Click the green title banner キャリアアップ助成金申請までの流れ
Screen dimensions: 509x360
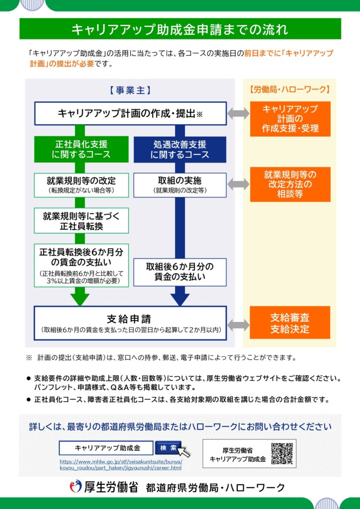click(180, 29)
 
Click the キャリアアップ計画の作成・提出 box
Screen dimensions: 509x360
click(130, 113)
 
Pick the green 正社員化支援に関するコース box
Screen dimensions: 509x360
click(81, 149)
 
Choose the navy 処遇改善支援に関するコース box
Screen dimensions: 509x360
click(180, 149)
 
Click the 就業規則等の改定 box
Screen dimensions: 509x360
click(81, 184)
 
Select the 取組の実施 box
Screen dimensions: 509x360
click(180, 184)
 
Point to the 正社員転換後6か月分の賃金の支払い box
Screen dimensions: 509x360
click(81, 265)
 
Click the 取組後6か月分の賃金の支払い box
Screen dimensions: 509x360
click(180, 271)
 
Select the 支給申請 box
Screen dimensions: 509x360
click(130, 322)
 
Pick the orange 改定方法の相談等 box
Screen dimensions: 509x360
click(290, 184)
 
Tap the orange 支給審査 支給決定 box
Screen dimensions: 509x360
click(290, 323)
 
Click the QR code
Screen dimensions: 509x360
click(281, 453)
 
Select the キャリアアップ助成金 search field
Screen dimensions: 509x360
click(106, 448)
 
